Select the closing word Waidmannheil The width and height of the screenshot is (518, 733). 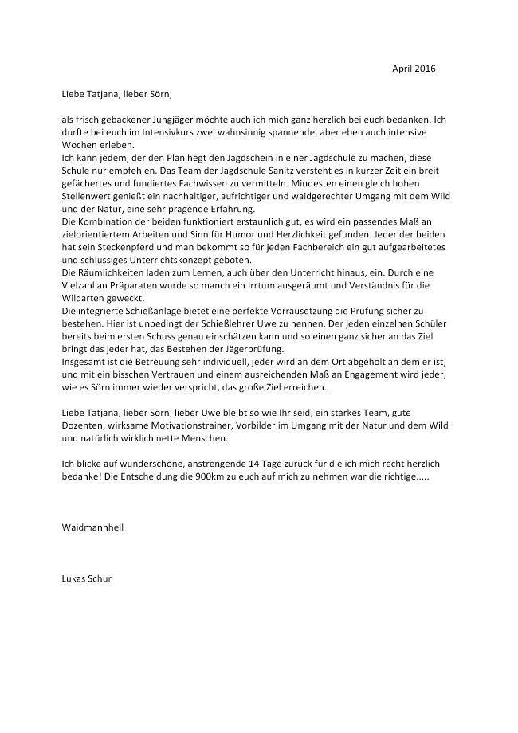click(92, 527)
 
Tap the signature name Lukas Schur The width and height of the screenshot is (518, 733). click(87, 578)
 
